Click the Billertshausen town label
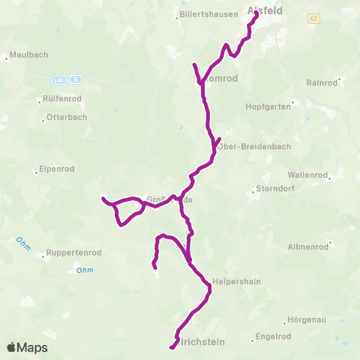202,14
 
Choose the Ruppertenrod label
73,253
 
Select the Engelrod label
274,336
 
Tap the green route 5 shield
76,79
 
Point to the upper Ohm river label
22,244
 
